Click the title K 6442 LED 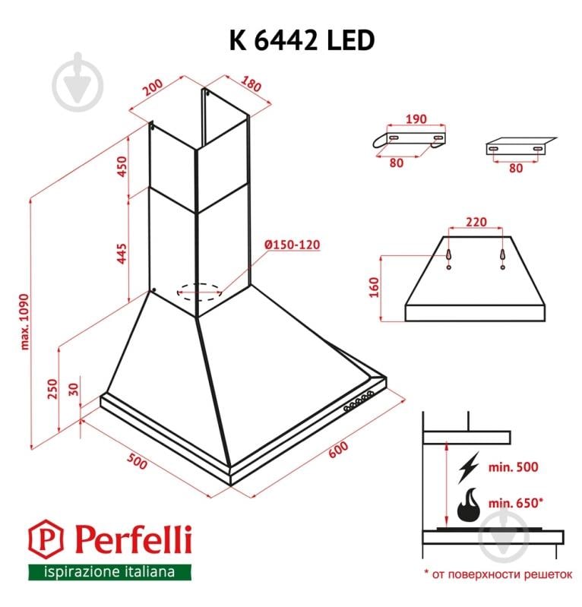[x=301, y=40]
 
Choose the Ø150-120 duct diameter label [x=292, y=245]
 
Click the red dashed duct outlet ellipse [x=200, y=290]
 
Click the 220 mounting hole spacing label [x=475, y=223]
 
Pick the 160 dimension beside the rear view [x=373, y=288]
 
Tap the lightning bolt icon [x=469, y=467]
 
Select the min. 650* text [x=515, y=503]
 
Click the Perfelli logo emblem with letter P [x=46, y=540]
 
